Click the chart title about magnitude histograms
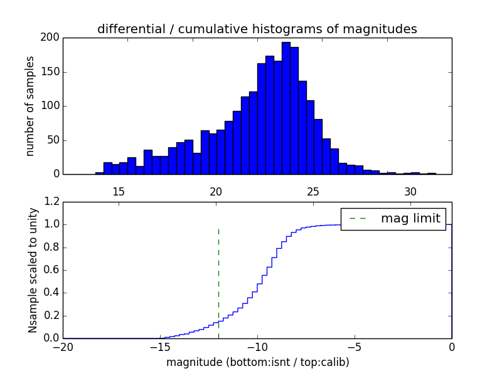point(257,29)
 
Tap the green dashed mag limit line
point(218,276)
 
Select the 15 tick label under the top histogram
point(118,191)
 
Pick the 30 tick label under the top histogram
point(410,191)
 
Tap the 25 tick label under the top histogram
point(312,191)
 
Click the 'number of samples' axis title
point(30,106)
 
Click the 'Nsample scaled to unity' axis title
point(33,270)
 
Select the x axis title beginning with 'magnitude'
point(257,362)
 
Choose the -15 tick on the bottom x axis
point(160,347)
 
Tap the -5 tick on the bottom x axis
point(355,347)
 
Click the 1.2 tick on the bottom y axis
point(51,202)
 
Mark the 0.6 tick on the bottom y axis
point(51,270)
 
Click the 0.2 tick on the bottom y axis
point(51,315)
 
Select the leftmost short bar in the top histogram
point(99,173)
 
